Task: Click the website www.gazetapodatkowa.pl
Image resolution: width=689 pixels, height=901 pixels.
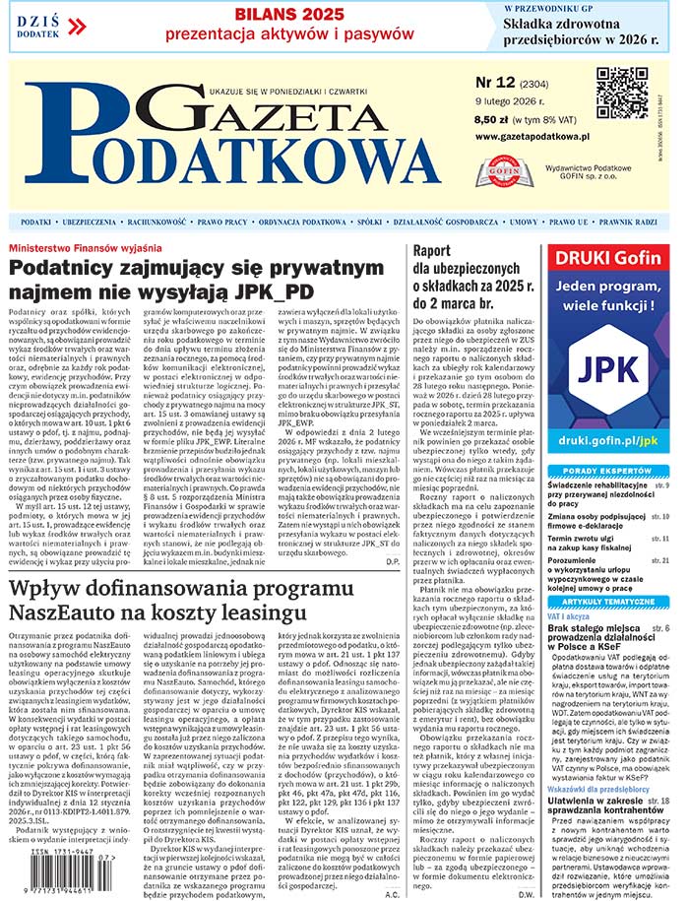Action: click(531, 138)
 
